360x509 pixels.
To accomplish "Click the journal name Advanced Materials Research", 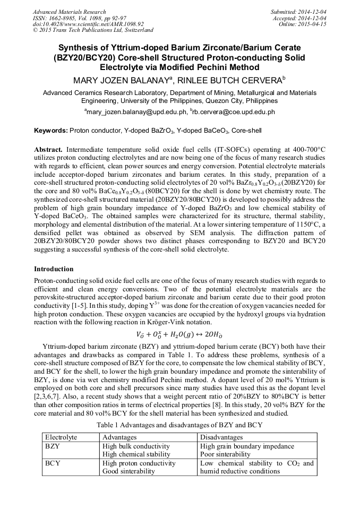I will pyautogui.click(x=69, y=12).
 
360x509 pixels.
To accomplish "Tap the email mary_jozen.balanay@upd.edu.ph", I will pyautogui.click(x=136, y=113).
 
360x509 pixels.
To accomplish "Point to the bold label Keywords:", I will pyautogui.click(x=50, y=131).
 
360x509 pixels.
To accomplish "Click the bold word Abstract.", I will pyautogui.click(x=48, y=150).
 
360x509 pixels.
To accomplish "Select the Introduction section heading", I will pyautogui.click(x=54, y=269).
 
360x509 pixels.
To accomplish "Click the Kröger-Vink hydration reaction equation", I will pyautogui.click(x=179, y=334).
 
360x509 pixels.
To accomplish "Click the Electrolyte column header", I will pyautogui.click(x=61, y=437).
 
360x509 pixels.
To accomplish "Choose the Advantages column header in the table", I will pyautogui.click(x=119, y=437).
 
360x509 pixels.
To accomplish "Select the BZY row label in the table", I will pyautogui.click(x=53, y=446).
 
